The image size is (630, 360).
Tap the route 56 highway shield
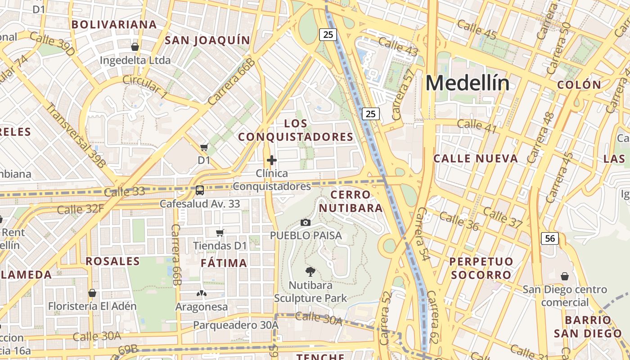click(x=550, y=238)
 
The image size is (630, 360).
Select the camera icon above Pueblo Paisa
click(x=306, y=222)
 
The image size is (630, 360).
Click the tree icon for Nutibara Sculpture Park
click(x=310, y=271)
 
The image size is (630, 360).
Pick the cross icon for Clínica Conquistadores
click(x=271, y=160)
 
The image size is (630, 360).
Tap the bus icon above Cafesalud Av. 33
click(x=199, y=190)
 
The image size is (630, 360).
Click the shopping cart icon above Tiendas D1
click(x=220, y=233)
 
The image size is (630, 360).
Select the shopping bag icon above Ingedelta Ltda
click(x=135, y=47)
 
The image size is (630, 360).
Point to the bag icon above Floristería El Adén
click(x=92, y=293)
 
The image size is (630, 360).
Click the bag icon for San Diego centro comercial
click(x=564, y=276)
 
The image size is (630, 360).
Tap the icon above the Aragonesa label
click(x=201, y=294)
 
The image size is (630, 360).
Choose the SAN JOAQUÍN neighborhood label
click(x=207, y=40)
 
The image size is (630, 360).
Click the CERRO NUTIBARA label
click(x=351, y=201)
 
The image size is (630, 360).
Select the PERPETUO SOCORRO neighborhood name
click(x=481, y=268)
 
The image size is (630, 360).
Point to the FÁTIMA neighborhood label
click(x=224, y=263)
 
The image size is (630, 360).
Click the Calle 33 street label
click(x=124, y=192)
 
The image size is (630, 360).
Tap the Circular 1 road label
click(x=145, y=86)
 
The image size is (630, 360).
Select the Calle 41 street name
click(x=477, y=126)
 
